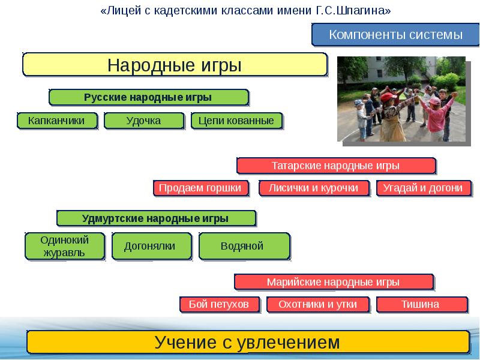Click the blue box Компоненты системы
[x=395, y=35]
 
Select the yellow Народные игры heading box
[x=175, y=64]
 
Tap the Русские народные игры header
[x=148, y=97]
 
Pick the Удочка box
[x=143, y=121]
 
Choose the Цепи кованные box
[x=236, y=121]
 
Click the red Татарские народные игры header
[x=335, y=166]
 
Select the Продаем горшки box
[x=200, y=188]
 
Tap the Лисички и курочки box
[x=313, y=188]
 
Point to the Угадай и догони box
[x=422, y=188]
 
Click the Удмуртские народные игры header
[x=155, y=218]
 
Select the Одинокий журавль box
[x=64, y=246]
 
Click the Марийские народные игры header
[x=333, y=281]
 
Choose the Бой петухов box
[x=218, y=304]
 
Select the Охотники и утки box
[x=317, y=304]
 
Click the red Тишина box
[x=420, y=304]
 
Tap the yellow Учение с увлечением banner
[x=247, y=343]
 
